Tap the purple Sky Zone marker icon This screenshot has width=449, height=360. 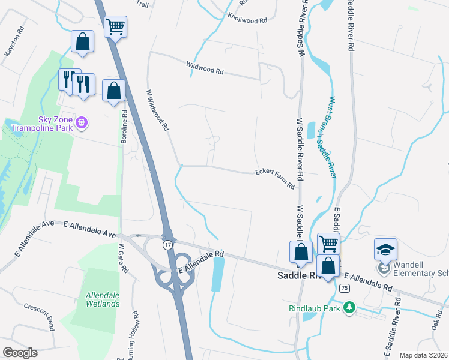click(x=83, y=124)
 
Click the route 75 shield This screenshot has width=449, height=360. click(x=343, y=289)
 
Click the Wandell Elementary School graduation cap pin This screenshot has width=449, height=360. click(x=385, y=248)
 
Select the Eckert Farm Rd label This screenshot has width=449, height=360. click(x=275, y=179)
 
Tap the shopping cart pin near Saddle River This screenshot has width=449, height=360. click(x=328, y=243)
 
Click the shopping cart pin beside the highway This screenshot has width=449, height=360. click(x=115, y=26)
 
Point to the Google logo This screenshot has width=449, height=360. click(x=20, y=352)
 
